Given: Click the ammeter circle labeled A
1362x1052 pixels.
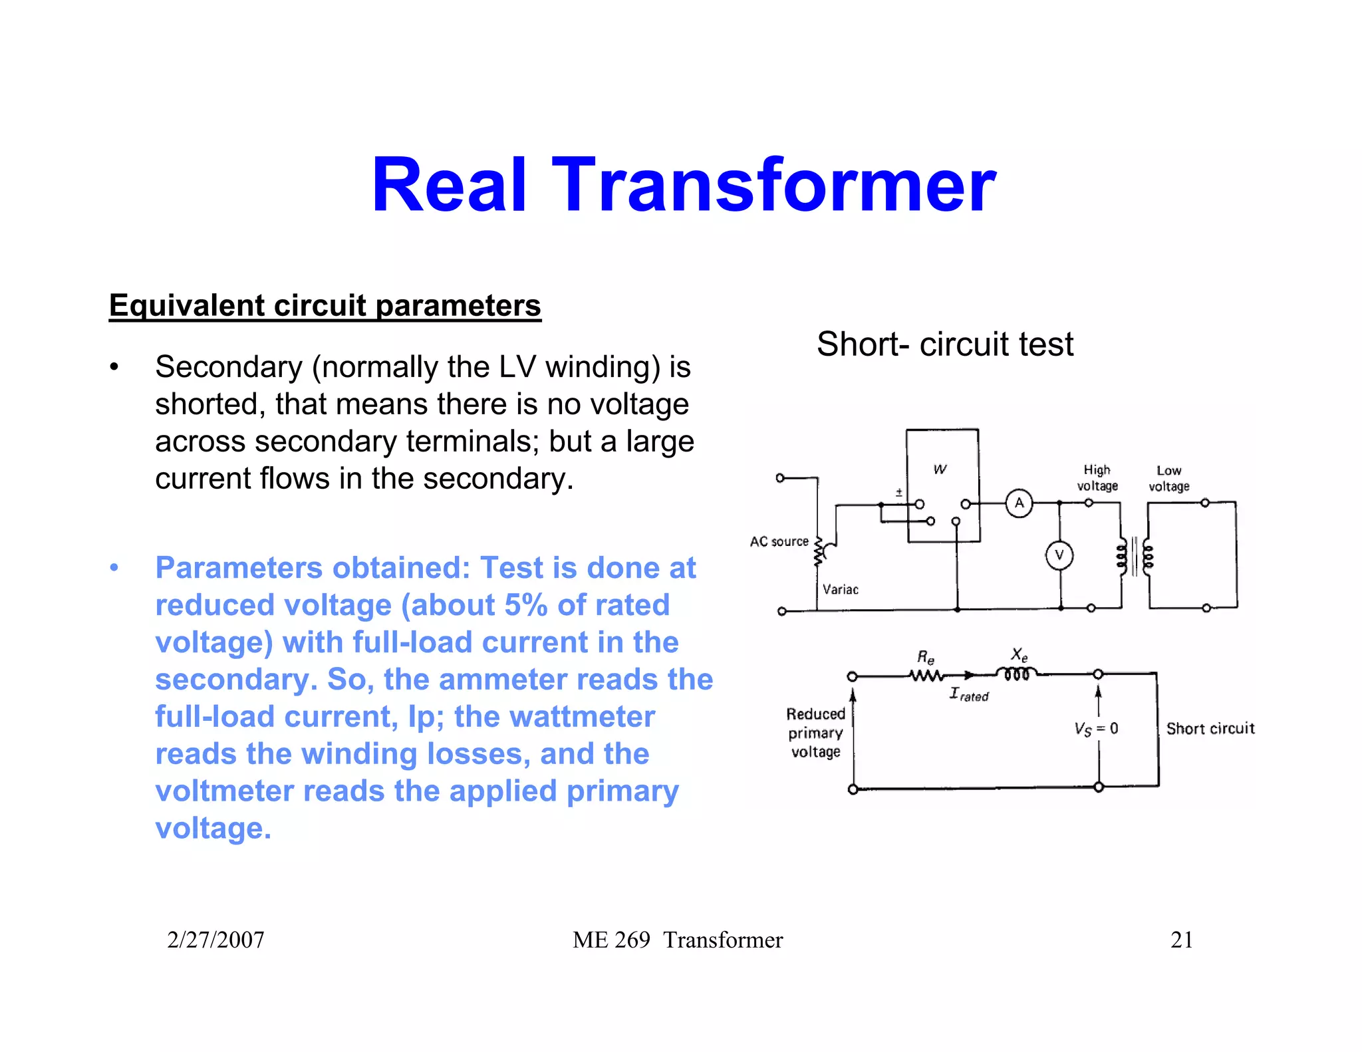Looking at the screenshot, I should (1019, 503).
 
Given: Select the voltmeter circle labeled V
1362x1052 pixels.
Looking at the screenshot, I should (1059, 555).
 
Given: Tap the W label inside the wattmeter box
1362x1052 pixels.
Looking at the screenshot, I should (940, 469).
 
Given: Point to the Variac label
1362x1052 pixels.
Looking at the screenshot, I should (840, 590).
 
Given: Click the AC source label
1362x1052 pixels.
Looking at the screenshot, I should (779, 542).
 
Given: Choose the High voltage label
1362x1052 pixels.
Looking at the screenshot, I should (1097, 478).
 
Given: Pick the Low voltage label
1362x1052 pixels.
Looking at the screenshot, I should (1169, 479).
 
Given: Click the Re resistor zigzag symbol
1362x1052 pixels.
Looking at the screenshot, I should (926, 676).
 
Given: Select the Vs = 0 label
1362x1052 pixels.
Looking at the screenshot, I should (1096, 729).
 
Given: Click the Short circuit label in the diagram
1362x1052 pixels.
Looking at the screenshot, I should (1210, 729).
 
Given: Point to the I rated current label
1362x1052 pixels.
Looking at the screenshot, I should (969, 695).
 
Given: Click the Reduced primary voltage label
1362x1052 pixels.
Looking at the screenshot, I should (815, 733).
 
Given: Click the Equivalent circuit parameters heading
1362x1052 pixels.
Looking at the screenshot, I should (325, 306).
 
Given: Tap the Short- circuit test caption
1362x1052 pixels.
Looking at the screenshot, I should (944, 344).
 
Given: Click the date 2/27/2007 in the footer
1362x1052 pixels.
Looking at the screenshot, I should (215, 940).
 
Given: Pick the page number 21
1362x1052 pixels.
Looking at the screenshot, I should (1181, 940).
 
